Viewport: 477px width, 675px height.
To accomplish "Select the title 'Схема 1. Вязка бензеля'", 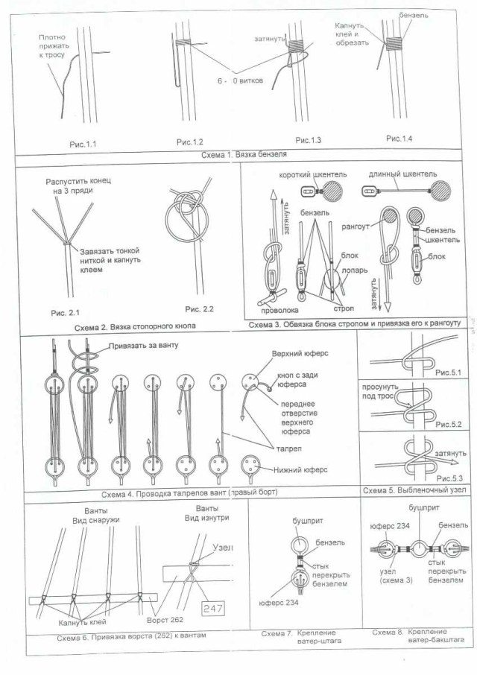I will point(244,156).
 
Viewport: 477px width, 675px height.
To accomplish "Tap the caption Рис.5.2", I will point(449,424).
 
